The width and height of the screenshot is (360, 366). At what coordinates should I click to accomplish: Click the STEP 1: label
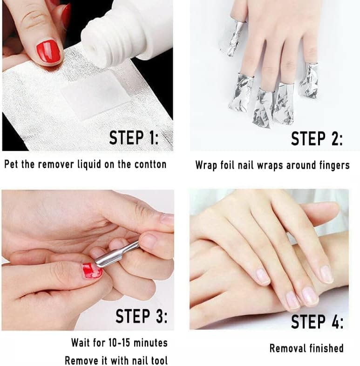tap(134, 138)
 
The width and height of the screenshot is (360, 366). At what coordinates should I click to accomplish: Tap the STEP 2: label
tap(317, 138)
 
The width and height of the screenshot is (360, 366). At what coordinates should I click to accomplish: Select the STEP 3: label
tap(142, 316)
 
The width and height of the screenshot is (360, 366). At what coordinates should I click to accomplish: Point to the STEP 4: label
tap(317, 321)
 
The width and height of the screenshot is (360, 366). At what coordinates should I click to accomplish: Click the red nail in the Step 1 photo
tap(48, 51)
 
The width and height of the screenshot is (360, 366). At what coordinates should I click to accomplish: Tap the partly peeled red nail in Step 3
tap(92, 271)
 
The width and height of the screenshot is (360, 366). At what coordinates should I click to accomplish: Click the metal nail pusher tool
tap(116, 255)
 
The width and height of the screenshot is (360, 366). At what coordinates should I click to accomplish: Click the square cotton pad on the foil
tap(95, 95)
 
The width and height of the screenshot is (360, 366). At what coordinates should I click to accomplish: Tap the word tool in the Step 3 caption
tap(159, 360)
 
